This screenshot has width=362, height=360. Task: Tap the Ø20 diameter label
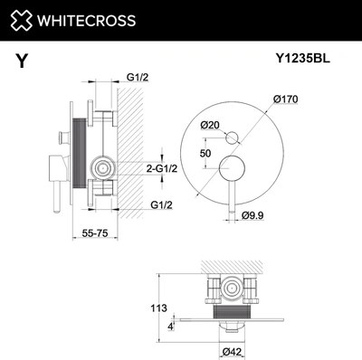pyautogui.click(x=210, y=124)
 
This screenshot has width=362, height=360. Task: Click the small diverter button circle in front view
pyautogui.click(x=233, y=137)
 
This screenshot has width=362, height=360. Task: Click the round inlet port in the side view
pyautogui.click(x=102, y=167)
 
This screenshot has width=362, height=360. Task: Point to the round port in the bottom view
pyautogui.click(x=233, y=289)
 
